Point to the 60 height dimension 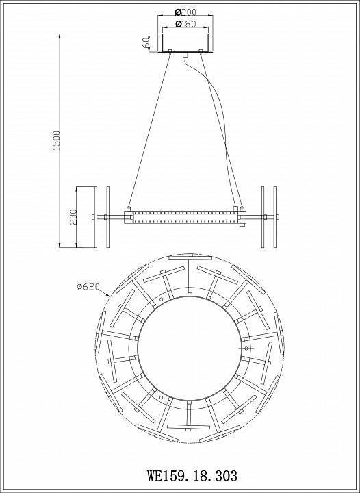pyautogui.click(x=146, y=42)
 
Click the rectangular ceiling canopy pyautogui.click(x=184, y=42)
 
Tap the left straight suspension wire pyautogui.click(x=149, y=130)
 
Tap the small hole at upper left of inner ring pyautogui.click(x=161, y=300)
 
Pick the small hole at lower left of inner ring pyautogui.click(x=160, y=396)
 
